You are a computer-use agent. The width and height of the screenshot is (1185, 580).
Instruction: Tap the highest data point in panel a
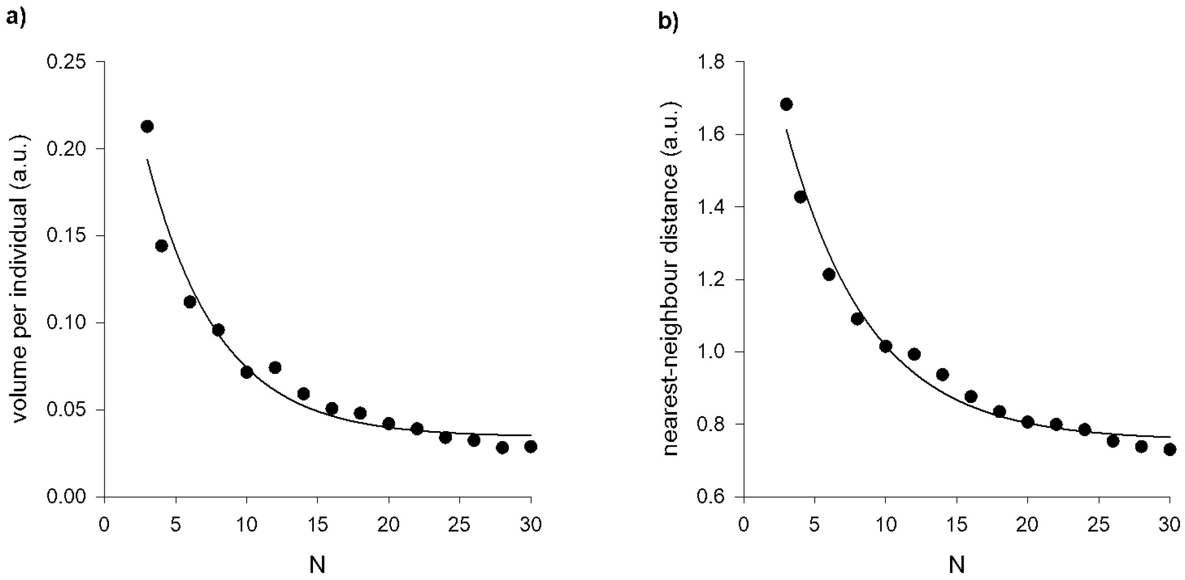click(147, 126)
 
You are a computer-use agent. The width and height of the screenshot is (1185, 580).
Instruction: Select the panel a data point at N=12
click(275, 367)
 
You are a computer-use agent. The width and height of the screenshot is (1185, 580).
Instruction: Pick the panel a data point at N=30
click(530, 447)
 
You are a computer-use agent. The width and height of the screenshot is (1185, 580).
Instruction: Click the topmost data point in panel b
click(786, 104)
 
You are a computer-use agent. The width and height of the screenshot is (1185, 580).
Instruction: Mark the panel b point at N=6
click(829, 275)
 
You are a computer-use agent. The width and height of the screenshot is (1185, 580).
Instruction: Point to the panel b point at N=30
click(1170, 449)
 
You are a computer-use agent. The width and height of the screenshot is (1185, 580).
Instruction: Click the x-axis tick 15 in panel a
click(317, 525)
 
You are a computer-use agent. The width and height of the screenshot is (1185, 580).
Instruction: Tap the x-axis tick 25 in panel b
click(1099, 525)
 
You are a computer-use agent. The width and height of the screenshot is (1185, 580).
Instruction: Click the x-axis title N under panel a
click(318, 565)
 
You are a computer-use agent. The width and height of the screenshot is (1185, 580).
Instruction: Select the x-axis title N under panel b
click(957, 565)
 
